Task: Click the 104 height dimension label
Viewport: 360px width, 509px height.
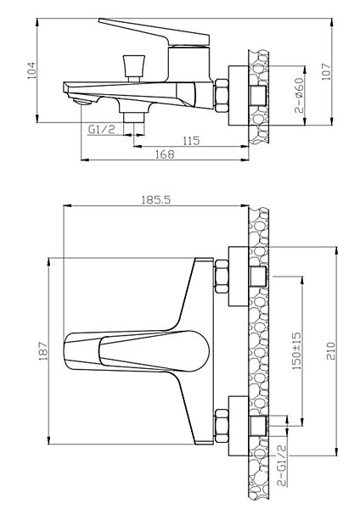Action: point(31,70)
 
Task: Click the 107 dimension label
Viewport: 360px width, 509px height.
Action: point(326,72)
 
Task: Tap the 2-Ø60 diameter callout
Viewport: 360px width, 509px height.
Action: point(299,95)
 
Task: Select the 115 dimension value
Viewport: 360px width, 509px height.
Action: point(191,141)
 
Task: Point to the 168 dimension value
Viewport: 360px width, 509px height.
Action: point(165,154)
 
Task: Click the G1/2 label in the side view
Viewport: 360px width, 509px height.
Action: point(102,130)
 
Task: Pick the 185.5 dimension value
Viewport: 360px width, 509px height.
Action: point(156,199)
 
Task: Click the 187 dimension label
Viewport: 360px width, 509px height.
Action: point(43,351)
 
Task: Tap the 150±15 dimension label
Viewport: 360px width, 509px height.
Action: point(297,351)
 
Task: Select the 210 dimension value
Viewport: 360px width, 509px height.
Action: point(330,351)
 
